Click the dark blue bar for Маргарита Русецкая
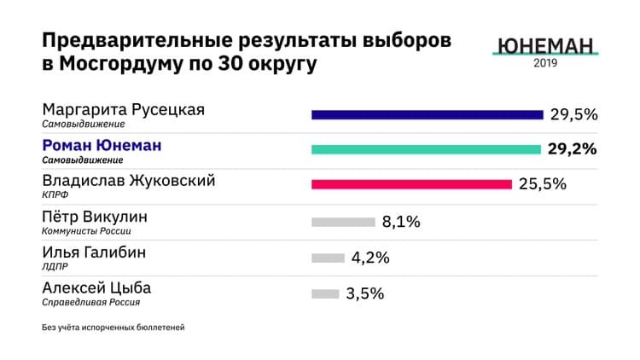click(427, 114)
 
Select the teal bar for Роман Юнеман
click(426, 149)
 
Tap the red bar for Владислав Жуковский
click(411, 184)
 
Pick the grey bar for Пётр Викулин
click(343, 223)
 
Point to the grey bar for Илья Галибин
click(328, 258)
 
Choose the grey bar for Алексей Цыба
click(325, 294)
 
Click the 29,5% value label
click(574, 114)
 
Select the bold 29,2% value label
click(572, 149)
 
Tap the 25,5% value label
click(543, 184)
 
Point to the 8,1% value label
click(401, 223)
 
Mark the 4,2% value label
click(370, 258)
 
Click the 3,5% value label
click(365, 294)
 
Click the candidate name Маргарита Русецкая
click(124, 110)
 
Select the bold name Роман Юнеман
click(102, 146)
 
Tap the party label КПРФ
click(55, 195)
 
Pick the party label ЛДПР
click(55, 266)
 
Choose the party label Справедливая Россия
click(91, 302)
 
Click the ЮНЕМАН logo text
click(544, 47)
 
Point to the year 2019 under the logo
click(546, 65)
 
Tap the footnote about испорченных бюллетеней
click(113, 328)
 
